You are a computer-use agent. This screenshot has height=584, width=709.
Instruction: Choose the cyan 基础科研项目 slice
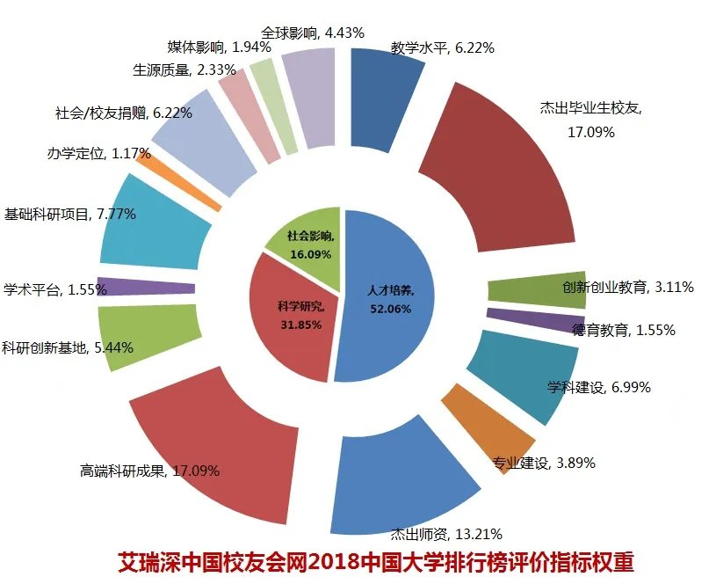tap(154, 224)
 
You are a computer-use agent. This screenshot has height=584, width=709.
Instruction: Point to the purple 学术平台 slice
tap(145, 287)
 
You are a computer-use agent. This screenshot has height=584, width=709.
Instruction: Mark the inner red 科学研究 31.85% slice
tap(290, 312)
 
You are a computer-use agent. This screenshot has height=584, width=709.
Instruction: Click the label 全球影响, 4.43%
tap(300, 33)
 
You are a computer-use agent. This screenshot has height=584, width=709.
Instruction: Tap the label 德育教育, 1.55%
tap(624, 331)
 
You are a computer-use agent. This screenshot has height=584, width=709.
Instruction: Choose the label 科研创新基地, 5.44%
tap(68, 347)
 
